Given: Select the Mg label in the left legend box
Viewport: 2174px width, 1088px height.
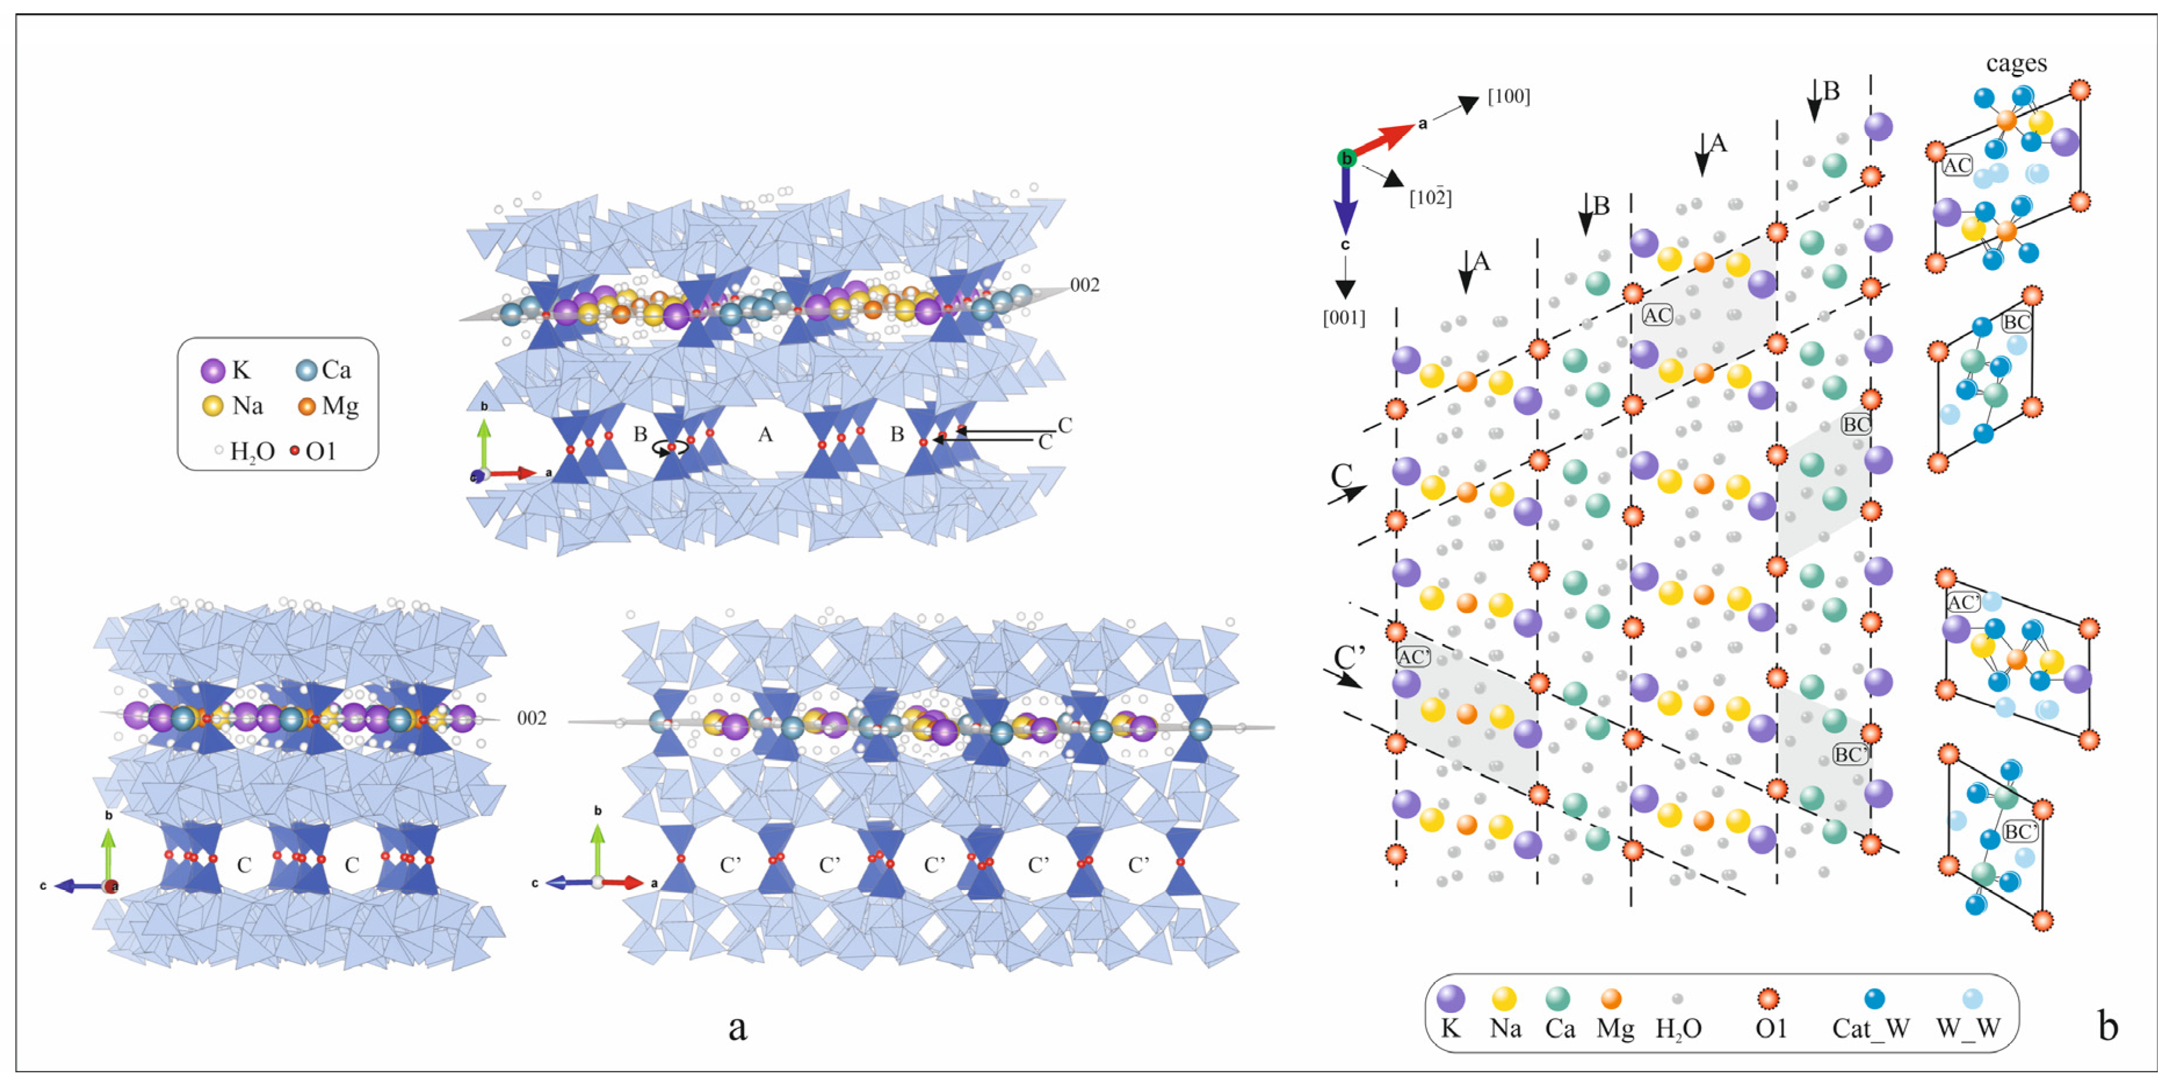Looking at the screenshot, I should coord(340,406).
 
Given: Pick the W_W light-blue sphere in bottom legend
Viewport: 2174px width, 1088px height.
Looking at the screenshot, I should coord(1972,999).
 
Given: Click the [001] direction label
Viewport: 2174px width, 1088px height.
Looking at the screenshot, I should coord(1344,318).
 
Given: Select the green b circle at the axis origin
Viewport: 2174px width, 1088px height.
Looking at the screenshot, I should coord(1346,158).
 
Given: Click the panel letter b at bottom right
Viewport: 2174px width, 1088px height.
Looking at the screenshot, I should coord(2107,1026).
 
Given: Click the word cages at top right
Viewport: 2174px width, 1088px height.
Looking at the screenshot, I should coord(2016,63).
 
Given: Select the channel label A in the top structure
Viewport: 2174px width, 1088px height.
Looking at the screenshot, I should coord(765,435).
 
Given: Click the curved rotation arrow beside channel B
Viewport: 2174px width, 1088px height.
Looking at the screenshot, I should coord(672,449).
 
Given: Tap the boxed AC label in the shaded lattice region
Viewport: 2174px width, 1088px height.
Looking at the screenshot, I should coord(1656,316).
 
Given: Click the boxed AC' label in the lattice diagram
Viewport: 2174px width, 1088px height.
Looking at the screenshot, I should coord(1413,657).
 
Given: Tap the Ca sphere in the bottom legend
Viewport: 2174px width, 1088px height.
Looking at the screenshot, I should coord(1557,999).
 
